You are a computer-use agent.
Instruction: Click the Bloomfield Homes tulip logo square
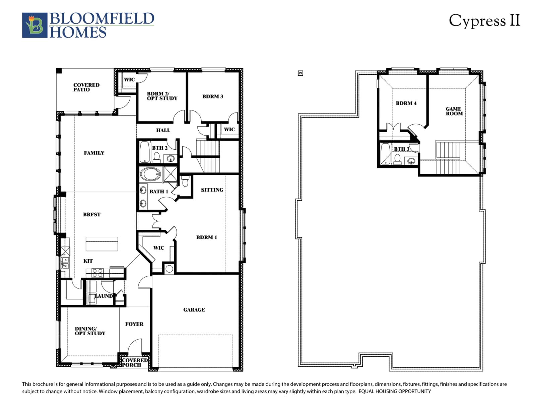click(35, 25)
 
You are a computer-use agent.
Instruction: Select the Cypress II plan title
click(484, 21)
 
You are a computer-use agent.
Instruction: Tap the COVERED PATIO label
click(86, 87)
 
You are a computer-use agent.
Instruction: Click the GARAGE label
click(194, 310)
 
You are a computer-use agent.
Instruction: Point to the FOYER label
click(134, 324)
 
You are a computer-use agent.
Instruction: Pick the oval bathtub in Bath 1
click(150, 174)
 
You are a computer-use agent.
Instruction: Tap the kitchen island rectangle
click(102, 244)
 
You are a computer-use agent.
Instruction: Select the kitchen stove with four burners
click(97, 273)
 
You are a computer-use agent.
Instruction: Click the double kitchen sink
click(65, 263)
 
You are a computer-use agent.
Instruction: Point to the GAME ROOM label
click(454, 111)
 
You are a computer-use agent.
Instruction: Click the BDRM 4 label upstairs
click(406, 103)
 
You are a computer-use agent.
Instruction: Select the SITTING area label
click(212, 190)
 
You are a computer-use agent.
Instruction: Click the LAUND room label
click(104, 296)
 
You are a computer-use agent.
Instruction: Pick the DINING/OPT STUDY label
click(90, 331)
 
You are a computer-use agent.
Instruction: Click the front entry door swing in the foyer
click(135, 346)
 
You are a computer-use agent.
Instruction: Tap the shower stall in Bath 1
click(171, 174)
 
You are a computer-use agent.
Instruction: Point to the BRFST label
click(92, 214)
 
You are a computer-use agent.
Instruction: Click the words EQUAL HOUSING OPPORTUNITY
click(395, 391)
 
